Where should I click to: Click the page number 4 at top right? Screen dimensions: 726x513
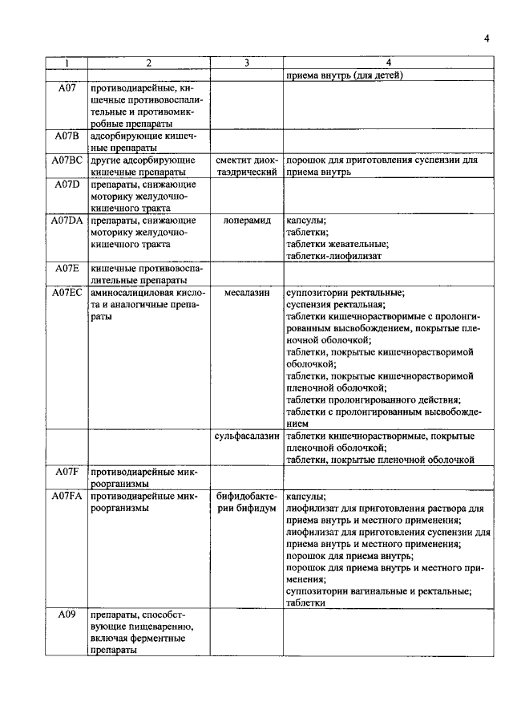487,38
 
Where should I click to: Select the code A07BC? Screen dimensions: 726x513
67,160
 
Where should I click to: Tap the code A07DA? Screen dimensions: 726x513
67,220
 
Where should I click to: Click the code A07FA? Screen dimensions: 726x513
67,497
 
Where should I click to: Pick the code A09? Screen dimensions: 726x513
67,614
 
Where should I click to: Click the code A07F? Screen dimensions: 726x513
67,472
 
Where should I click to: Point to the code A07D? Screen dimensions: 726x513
67,185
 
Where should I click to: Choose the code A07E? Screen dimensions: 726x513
67,268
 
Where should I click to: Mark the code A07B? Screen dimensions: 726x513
67,136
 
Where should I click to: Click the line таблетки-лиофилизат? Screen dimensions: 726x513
333,257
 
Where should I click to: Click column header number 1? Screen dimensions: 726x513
67,63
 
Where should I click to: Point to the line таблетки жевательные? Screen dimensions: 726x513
337,245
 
